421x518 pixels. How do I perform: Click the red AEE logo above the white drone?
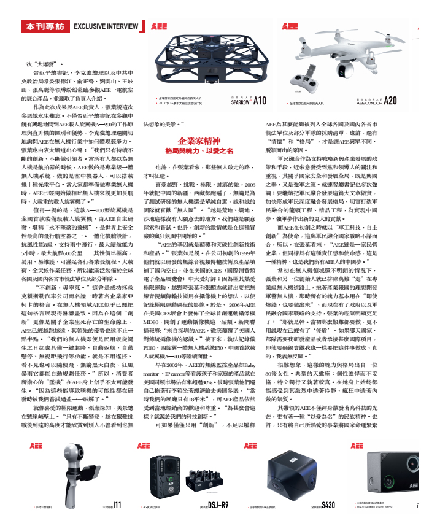coord(288,26)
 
